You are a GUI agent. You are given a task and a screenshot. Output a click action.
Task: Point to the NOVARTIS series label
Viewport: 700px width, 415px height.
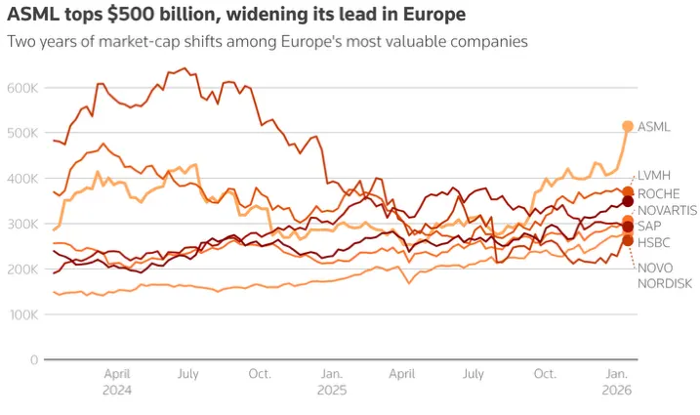tap(666, 210)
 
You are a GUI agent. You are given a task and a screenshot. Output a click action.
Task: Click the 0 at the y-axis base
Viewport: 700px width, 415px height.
tap(33, 360)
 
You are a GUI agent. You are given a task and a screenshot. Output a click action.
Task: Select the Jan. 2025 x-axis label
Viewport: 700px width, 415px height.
tap(332, 382)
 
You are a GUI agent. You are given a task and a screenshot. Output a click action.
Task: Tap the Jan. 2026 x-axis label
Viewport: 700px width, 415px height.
tap(617, 382)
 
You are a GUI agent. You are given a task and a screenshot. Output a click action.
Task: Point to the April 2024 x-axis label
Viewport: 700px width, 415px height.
tap(117, 382)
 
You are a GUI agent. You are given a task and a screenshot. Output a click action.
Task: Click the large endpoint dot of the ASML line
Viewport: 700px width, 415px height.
tap(628, 126)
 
